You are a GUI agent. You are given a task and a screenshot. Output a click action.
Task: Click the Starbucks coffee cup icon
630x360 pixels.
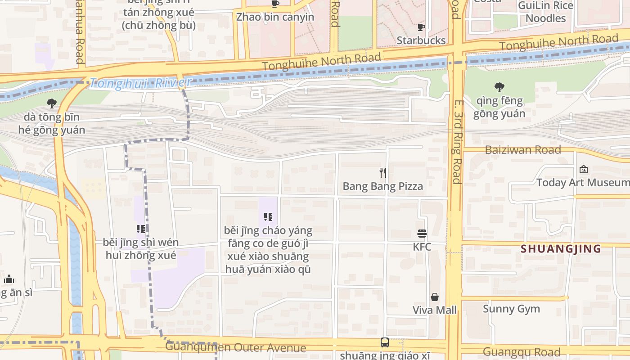421,27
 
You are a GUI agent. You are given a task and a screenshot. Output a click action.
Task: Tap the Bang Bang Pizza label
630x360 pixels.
382,186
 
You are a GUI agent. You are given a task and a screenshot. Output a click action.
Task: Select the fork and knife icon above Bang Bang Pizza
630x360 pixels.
383,172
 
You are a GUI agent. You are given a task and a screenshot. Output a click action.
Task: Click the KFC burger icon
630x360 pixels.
422,234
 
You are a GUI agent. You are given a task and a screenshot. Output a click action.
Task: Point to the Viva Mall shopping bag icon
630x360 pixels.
435,297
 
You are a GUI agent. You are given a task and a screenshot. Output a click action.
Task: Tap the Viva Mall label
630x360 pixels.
435,310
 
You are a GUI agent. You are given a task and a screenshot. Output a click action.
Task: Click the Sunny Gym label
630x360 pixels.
511,309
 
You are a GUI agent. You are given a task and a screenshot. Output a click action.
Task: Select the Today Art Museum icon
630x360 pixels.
584,169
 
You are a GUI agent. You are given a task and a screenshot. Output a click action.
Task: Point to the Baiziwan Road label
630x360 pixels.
523,150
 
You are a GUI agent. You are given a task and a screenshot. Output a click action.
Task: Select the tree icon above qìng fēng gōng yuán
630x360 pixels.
499,87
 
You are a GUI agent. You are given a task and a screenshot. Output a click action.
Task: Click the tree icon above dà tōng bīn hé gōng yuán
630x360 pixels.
52,103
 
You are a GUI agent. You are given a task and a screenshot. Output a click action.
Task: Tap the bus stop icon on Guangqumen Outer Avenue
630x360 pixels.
385,342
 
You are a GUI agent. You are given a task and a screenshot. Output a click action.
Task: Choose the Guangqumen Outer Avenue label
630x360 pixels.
235,347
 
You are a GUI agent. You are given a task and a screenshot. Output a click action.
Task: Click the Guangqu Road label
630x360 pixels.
522,352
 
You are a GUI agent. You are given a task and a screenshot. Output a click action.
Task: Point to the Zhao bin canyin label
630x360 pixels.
275,17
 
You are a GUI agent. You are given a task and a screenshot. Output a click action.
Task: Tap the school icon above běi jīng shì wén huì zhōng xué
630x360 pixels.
141,229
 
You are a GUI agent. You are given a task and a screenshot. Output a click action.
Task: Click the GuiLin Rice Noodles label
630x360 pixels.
546,12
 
